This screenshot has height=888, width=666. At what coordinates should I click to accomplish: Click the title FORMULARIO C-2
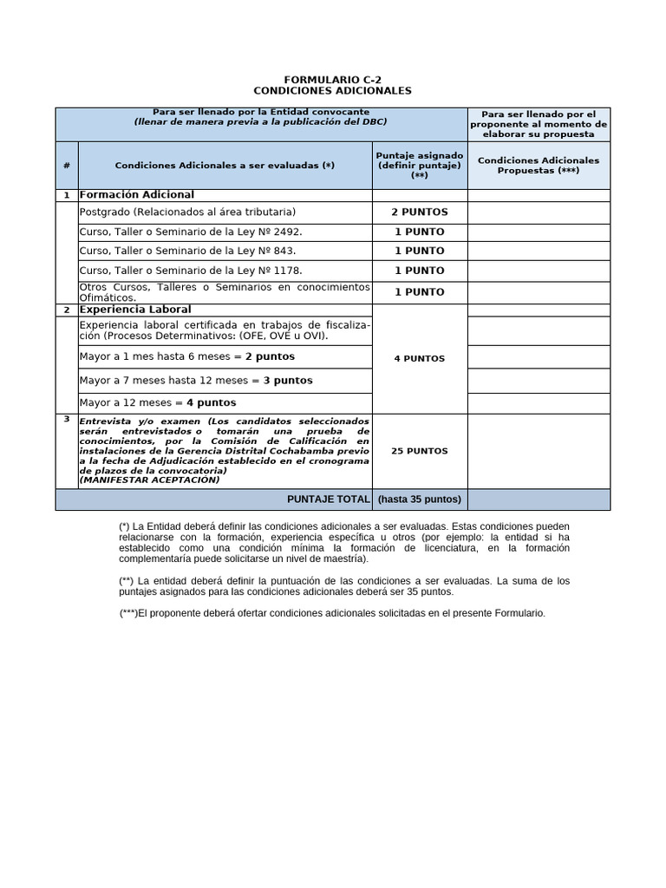[x=333, y=79]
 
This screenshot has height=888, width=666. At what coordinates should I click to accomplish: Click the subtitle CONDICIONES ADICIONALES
[x=333, y=91]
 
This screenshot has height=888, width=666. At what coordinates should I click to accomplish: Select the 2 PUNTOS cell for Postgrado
[x=420, y=212]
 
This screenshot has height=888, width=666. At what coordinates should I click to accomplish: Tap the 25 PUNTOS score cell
[x=420, y=451]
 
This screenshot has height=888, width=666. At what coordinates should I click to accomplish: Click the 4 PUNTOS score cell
[x=420, y=358]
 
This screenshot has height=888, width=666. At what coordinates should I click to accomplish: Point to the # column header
[x=67, y=166]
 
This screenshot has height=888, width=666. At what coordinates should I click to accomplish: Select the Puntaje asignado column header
[x=420, y=165]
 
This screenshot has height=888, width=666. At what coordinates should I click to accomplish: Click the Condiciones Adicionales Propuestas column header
[x=539, y=165]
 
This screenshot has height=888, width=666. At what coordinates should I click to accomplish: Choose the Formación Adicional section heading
[x=137, y=195]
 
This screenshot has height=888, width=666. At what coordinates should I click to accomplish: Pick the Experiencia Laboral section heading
[x=135, y=310]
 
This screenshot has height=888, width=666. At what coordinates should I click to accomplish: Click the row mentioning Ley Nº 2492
[x=191, y=232]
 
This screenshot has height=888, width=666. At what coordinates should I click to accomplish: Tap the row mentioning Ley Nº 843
[x=187, y=251]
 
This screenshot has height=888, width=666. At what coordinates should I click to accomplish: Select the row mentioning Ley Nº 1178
[x=191, y=271]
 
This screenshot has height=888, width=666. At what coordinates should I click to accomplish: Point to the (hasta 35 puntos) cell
[x=420, y=499]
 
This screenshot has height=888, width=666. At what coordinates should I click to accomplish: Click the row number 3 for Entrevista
[x=67, y=419]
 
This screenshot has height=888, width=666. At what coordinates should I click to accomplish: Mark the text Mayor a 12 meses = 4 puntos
[x=158, y=403]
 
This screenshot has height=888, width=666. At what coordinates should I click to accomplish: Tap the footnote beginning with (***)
[x=333, y=613]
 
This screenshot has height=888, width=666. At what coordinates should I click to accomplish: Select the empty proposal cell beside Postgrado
[x=539, y=212]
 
